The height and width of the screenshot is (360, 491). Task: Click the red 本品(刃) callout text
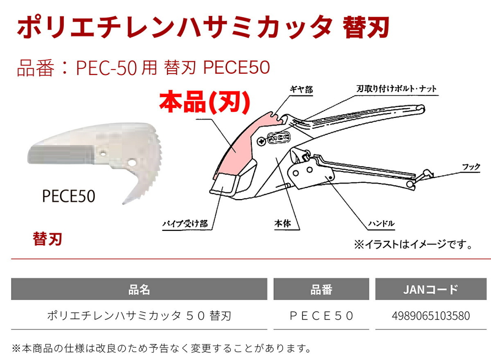click(x=205, y=103)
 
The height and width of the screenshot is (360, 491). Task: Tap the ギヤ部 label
click(x=301, y=90)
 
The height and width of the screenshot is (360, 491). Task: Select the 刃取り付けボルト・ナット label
click(x=396, y=89)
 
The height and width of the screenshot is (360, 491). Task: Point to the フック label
click(x=471, y=167)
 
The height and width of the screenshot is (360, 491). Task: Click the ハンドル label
click(x=381, y=224)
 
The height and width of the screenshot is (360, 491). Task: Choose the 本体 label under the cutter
click(x=283, y=224)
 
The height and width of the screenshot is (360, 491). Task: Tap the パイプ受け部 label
click(x=185, y=224)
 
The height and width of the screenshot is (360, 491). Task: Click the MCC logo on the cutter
click(x=279, y=138)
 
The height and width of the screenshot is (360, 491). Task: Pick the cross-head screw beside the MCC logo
click(x=261, y=141)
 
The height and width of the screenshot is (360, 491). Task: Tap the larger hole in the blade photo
click(x=132, y=163)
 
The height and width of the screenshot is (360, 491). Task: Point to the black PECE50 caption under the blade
click(x=69, y=196)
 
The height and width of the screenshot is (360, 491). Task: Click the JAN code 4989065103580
click(x=431, y=316)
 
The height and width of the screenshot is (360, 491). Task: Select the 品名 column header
click(x=139, y=290)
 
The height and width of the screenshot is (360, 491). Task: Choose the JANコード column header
click(x=431, y=290)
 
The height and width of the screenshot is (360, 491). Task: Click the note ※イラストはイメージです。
click(x=413, y=245)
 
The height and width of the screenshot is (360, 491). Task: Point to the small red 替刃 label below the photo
click(x=47, y=239)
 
